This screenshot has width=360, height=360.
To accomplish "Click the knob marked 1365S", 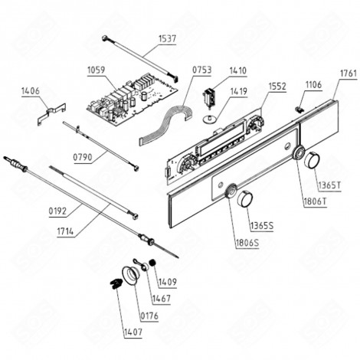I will (245, 200).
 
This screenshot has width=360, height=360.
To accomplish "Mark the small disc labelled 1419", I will (205, 119).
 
